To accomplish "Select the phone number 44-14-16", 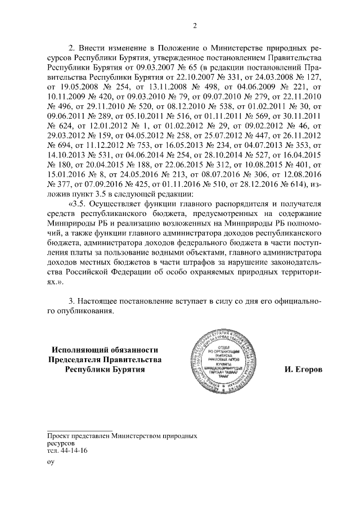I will click(x=73, y=451).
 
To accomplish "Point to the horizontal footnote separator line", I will click(x=80, y=430).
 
